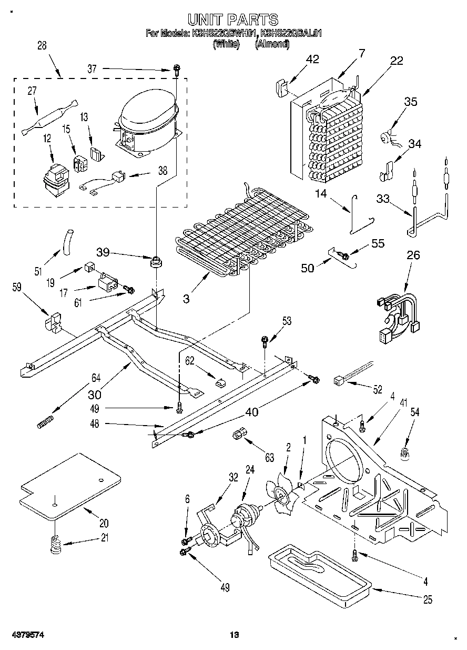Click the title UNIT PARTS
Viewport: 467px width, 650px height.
pyautogui.click(x=233, y=19)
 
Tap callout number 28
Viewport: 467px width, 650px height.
pyautogui.click(x=42, y=46)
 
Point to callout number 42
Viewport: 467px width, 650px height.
pyautogui.click(x=312, y=59)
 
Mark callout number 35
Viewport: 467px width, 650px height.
pyautogui.click(x=410, y=102)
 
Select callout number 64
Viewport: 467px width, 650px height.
pyautogui.click(x=96, y=377)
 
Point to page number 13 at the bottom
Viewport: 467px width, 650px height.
pyautogui.click(x=234, y=636)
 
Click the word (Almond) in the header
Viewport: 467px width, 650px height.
pyautogui.click(x=272, y=44)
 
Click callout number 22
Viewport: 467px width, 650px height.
pyautogui.click(x=397, y=61)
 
